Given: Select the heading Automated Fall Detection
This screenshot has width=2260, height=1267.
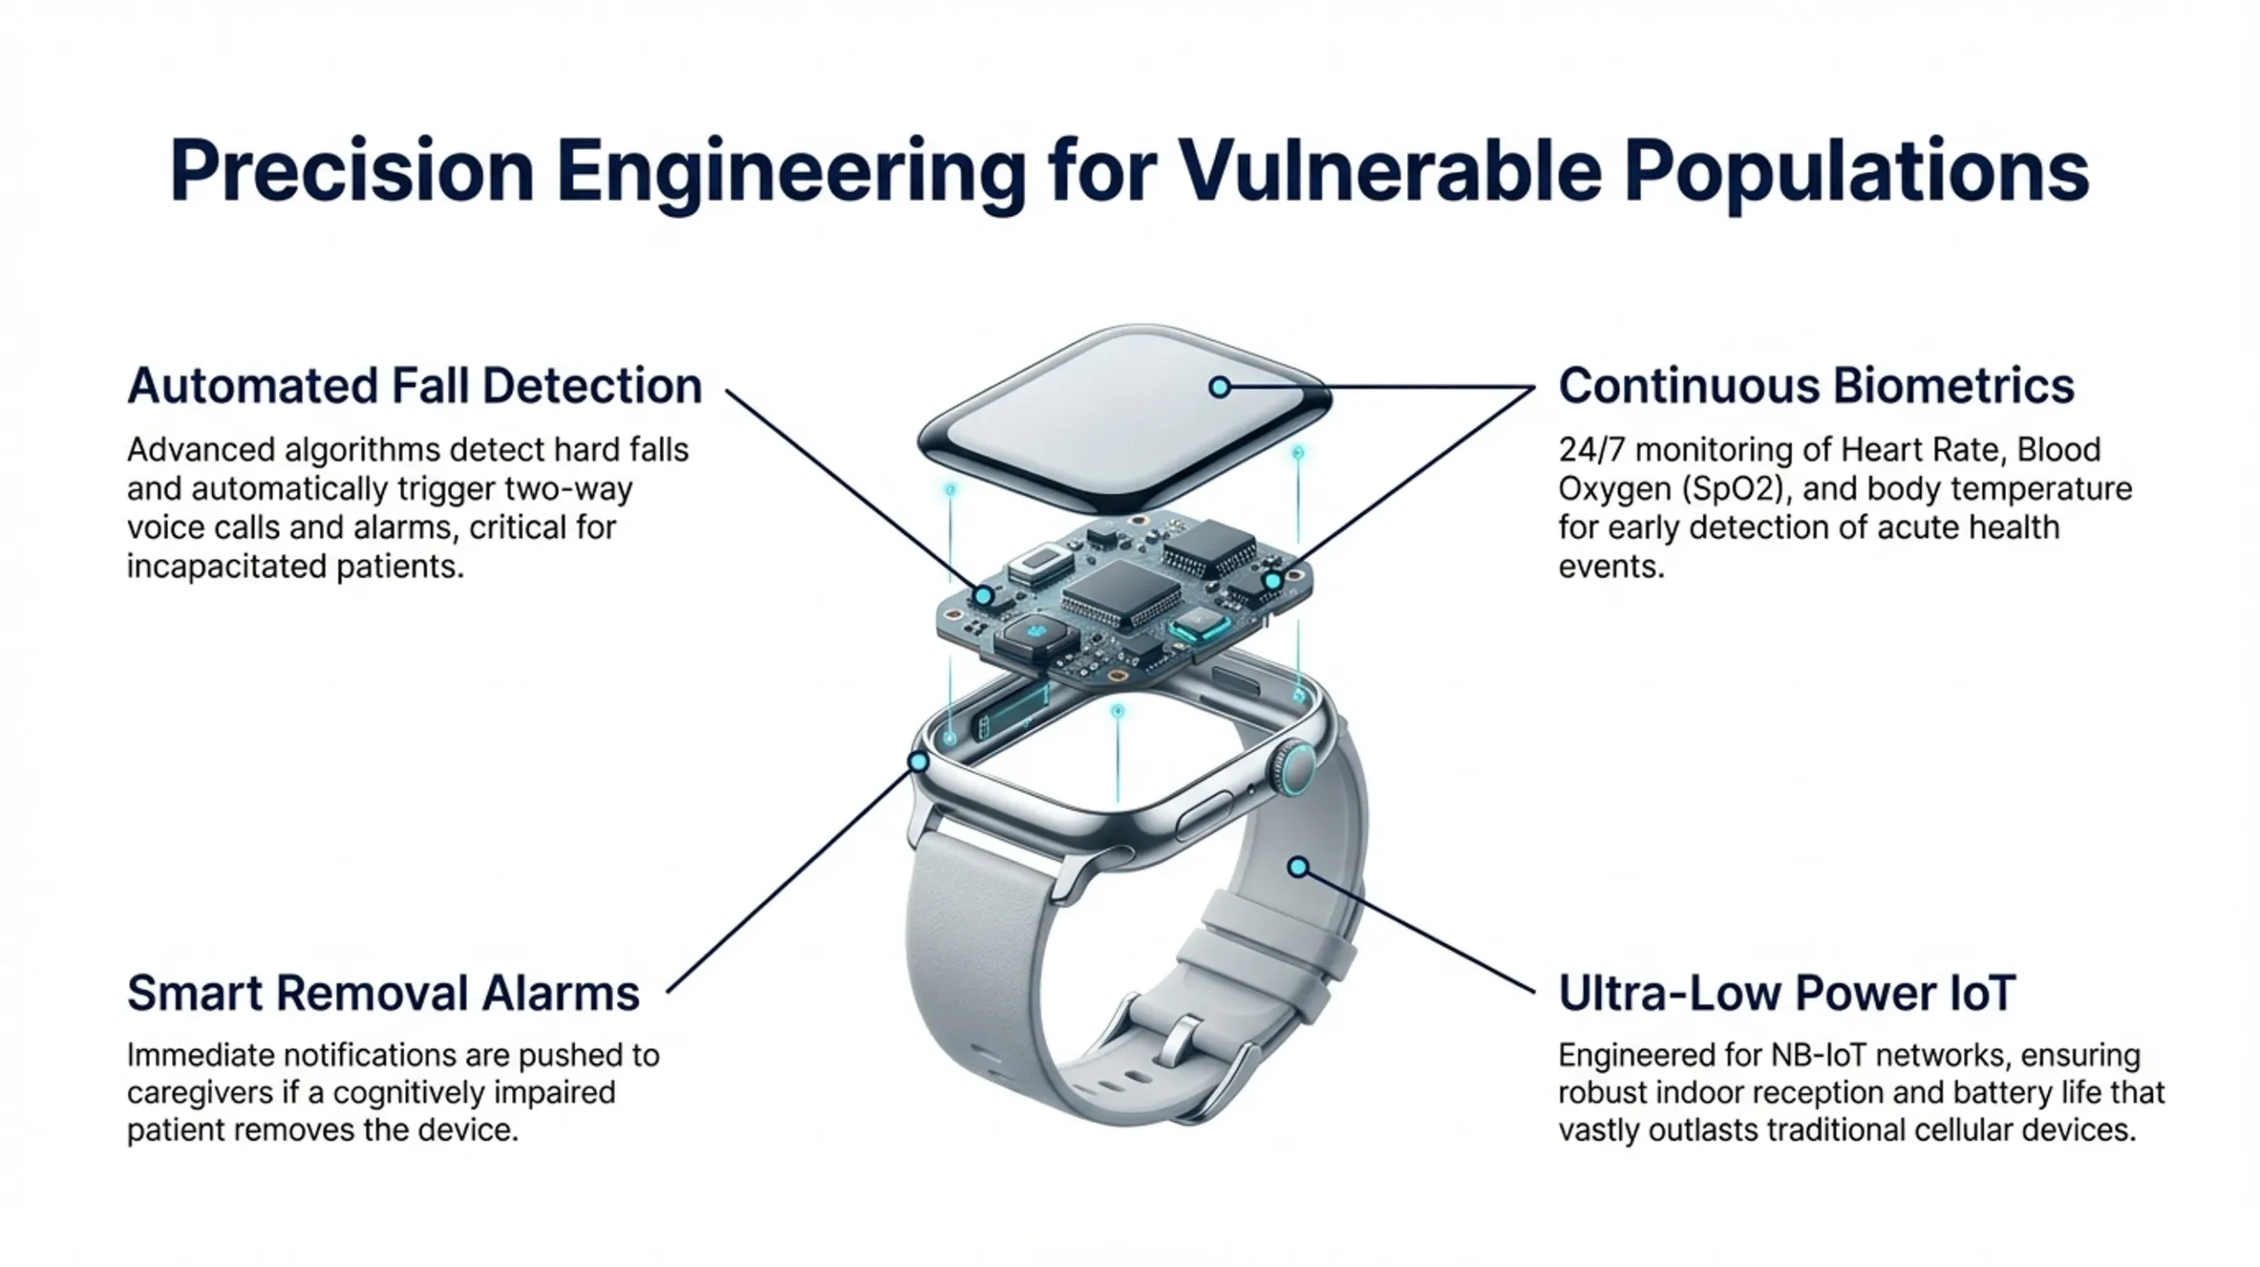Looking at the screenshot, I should (414, 386).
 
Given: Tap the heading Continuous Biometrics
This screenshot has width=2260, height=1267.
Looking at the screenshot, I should (1816, 386).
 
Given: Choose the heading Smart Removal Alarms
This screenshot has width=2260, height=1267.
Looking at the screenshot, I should (383, 993).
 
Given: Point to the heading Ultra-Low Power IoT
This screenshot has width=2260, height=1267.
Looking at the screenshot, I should (1787, 993).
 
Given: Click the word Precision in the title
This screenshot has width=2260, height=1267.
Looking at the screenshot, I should (351, 171).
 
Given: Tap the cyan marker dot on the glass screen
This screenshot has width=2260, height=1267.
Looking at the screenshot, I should (1219, 386).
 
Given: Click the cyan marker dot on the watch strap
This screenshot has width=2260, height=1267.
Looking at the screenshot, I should (1298, 867).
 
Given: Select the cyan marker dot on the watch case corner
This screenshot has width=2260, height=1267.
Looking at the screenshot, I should (919, 761).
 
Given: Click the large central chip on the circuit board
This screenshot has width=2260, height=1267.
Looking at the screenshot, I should (1121, 593).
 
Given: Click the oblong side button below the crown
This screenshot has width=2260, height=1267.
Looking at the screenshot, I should (1202, 815).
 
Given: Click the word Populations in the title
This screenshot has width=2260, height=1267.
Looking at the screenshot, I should (1857, 171).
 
